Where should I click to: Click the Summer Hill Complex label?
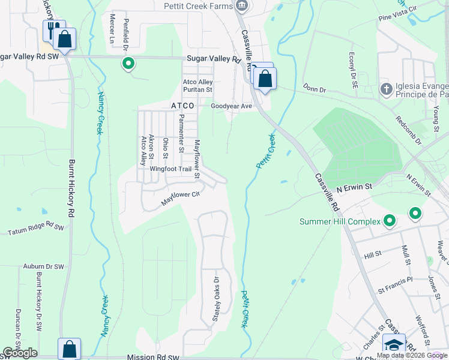[x=340, y=221]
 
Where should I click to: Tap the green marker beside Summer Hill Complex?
[x=390, y=221]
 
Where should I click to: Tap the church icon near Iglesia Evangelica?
[x=386, y=89]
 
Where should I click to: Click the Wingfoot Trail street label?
[x=170, y=169]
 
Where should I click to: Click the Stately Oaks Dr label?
[x=216, y=298]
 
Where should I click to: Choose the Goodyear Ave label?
[x=231, y=106]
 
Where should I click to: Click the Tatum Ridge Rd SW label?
[x=35, y=229]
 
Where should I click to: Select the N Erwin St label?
[x=354, y=187]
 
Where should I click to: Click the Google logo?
[x=20, y=353]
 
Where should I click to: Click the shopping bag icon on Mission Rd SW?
[x=69, y=348]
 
